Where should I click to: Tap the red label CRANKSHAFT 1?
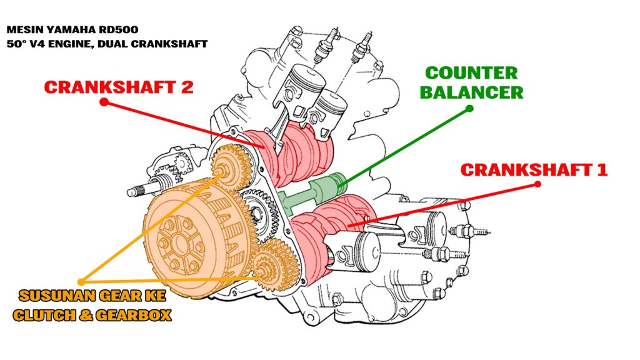[533, 169]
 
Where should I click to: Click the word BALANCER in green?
[471, 93]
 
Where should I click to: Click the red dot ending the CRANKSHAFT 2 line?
[104, 101]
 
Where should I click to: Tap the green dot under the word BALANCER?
[470, 109]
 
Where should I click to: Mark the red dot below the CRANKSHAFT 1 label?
[539, 184]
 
